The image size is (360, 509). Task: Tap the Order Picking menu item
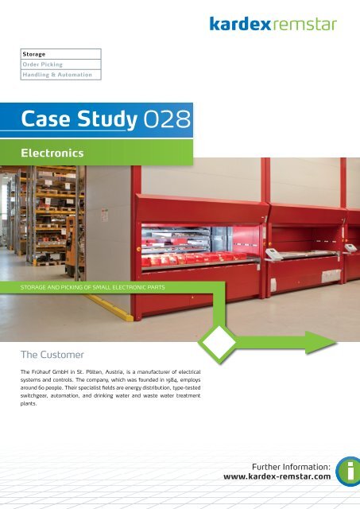(x=44, y=64)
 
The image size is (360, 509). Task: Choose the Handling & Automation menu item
(x=56, y=75)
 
